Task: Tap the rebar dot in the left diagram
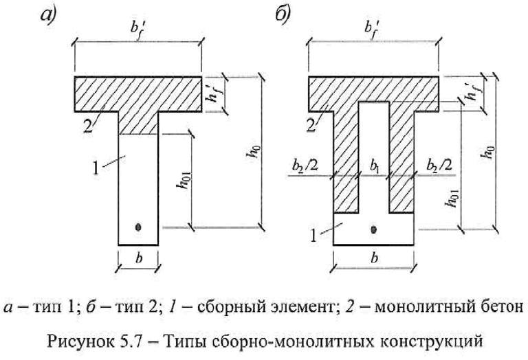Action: (139, 226)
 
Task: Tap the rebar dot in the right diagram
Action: (374, 229)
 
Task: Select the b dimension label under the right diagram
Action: (373, 260)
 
